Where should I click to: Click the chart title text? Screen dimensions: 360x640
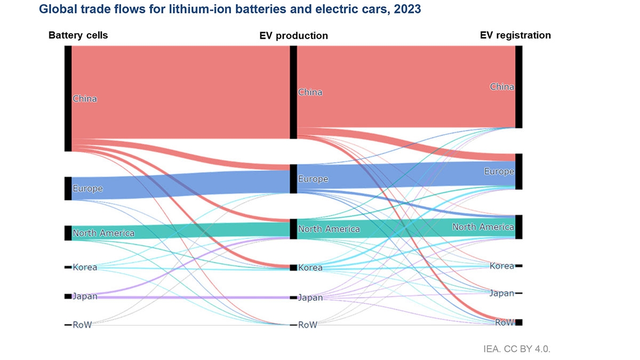(x=229, y=9)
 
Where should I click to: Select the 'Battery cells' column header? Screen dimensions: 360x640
(x=78, y=36)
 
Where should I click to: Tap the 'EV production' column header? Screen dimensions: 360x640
(x=293, y=36)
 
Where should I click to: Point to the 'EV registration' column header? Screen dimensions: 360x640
(x=515, y=35)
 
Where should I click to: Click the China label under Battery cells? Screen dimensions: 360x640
(x=85, y=99)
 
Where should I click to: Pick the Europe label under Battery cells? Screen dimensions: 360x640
(x=87, y=188)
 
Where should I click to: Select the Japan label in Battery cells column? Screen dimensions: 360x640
(x=85, y=296)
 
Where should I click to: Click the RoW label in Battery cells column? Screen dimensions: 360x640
(x=82, y=324)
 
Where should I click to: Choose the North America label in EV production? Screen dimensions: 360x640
(x=329, y=229)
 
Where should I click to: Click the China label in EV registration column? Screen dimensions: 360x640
(x=502, y=86)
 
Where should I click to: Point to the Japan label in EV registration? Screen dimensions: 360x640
(x=502, y=293)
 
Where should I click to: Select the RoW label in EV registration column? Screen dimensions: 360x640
(x=505, y=322)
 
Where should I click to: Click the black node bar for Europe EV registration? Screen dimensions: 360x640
(x=519, y=171)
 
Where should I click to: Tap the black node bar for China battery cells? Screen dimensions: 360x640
(x=68, y=99)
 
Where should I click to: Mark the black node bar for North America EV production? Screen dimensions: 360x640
(x=293, y=229)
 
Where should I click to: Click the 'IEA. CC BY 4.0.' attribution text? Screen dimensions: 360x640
(x=516, y=349)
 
